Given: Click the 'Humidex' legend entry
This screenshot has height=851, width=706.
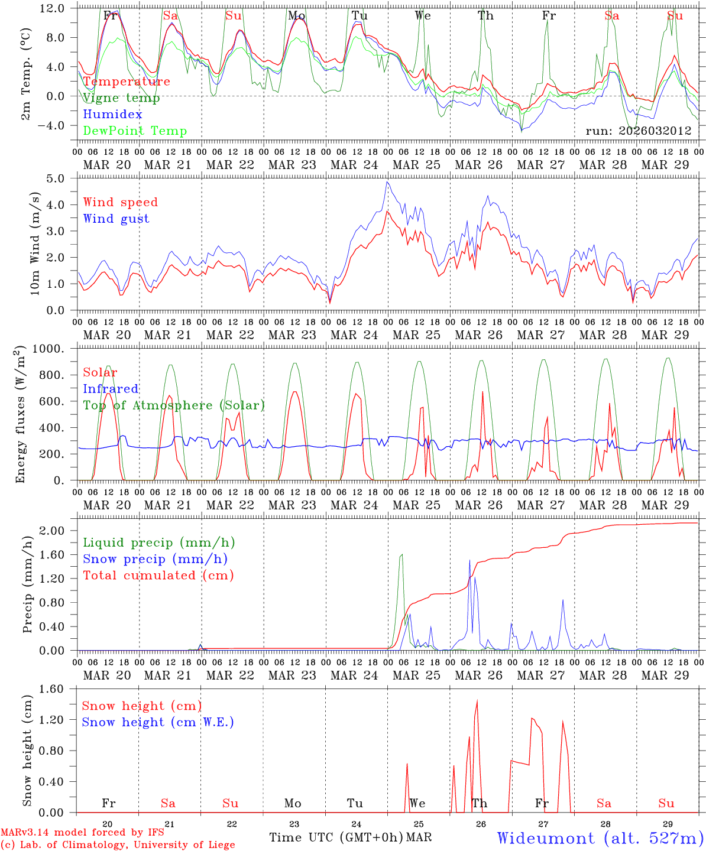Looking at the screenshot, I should (112, 115).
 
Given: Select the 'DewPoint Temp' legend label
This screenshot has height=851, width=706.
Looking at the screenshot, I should (135, 131).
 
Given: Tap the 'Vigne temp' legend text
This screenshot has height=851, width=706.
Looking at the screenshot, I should (121, 98).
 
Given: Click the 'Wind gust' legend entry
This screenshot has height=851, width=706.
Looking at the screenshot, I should (116, 219).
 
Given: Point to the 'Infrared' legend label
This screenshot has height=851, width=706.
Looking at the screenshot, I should (111, 389).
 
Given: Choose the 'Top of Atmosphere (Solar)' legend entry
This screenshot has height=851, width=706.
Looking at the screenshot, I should (173, 405).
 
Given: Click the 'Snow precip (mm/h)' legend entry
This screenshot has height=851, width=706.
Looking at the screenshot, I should (155, 559).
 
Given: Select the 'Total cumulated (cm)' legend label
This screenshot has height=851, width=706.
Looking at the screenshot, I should (158, 576).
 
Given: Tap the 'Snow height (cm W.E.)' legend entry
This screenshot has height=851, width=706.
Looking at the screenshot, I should (157, 722).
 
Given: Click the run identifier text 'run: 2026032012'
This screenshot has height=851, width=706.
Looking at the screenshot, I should (638, 131).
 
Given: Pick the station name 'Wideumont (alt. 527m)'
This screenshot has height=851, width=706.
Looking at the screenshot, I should (600, 838).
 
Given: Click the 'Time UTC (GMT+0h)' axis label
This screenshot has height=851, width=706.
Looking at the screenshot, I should (336, 837).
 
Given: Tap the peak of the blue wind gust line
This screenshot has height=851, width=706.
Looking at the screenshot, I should (387, 181).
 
